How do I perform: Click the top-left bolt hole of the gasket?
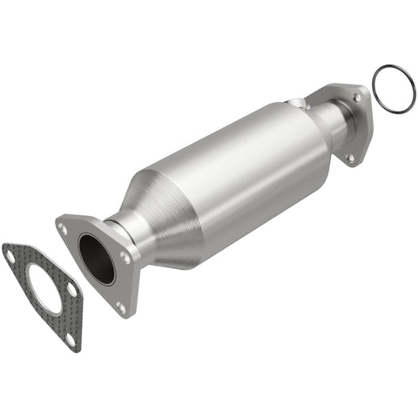pos(11,255)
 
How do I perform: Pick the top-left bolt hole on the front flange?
pos(64,228)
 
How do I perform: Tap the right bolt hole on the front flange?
pos(126,259)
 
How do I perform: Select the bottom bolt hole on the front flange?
pos(121,307)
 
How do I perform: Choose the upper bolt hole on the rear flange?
pos(355,98)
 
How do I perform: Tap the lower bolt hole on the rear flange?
pos(351,158)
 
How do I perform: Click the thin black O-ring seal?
pos(394,90)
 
